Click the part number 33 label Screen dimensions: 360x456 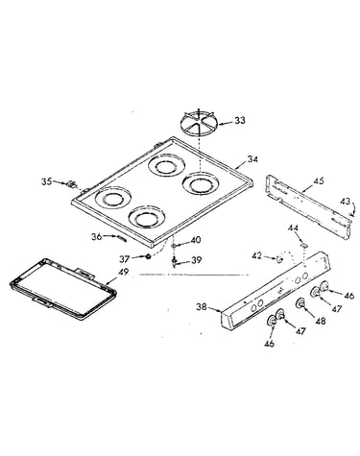pos(240,121)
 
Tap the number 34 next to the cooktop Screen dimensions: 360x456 pos(252,159)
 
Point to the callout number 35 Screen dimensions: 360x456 pos(46,181)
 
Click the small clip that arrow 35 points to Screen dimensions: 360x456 pos(72,184)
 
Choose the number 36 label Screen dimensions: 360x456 pos(97,237)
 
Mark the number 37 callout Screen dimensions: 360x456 pos(125,259)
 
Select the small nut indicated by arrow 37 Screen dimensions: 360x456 pos(148,256)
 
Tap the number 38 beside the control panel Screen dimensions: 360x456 pos(202,307)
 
